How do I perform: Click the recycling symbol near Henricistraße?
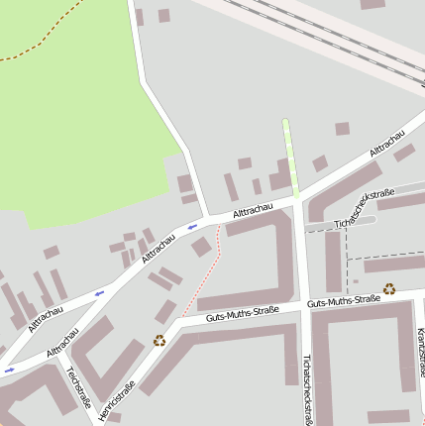159,341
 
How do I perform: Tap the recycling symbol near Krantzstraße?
389,289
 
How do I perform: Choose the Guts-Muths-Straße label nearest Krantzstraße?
343,300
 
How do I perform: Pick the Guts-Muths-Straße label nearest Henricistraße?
242,314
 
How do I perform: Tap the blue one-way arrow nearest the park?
192,227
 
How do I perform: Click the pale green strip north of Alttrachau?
289,159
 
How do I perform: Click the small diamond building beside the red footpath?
202,247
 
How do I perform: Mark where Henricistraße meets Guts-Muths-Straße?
176,323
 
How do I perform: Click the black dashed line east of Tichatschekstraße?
347,256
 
